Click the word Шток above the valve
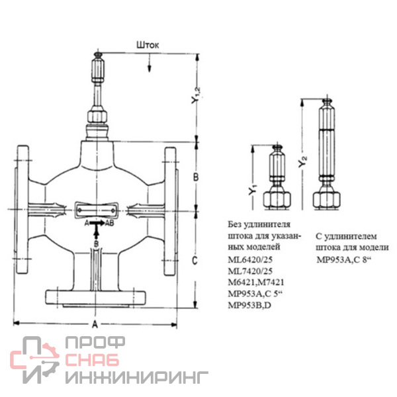point(148,45)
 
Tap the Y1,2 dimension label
point(196,96)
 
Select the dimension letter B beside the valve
point(196,177)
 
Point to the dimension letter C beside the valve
point(195,260)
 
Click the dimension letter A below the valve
point(95,324)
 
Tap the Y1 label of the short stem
point(253,190)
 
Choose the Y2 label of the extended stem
point(302,161)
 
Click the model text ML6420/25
point(250,260)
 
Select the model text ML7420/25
point(250,271)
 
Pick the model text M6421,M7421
point(256,283)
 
